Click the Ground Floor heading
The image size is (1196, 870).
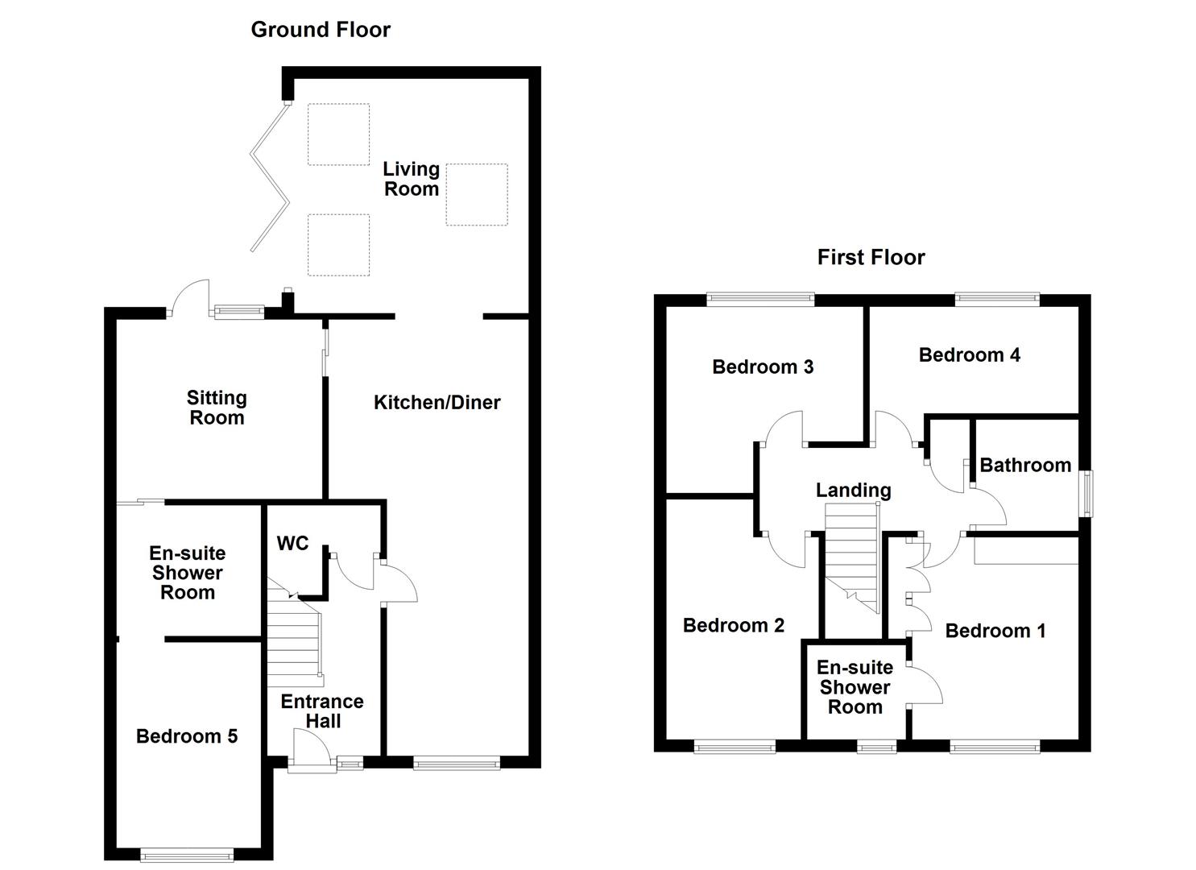(321, 30)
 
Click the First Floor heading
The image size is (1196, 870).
(871, 258)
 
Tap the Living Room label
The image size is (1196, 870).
(411, 179)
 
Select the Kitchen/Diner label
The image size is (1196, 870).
(437, 403)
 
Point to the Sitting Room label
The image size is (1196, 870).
(217, 408)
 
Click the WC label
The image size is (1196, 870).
(292, 544)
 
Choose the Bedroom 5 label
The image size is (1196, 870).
(187, 736)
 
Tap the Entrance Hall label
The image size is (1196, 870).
(322, 711)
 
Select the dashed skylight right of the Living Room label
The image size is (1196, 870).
(477, 194)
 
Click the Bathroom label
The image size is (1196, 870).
(1025, 466)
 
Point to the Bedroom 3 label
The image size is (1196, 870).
(763, 367)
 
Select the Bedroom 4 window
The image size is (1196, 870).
(996, 299)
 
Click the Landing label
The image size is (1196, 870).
(853, 491)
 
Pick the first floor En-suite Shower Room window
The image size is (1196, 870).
(876, 747)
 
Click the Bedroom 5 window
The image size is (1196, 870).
(186, 854)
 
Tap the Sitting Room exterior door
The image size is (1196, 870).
(190, 296)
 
